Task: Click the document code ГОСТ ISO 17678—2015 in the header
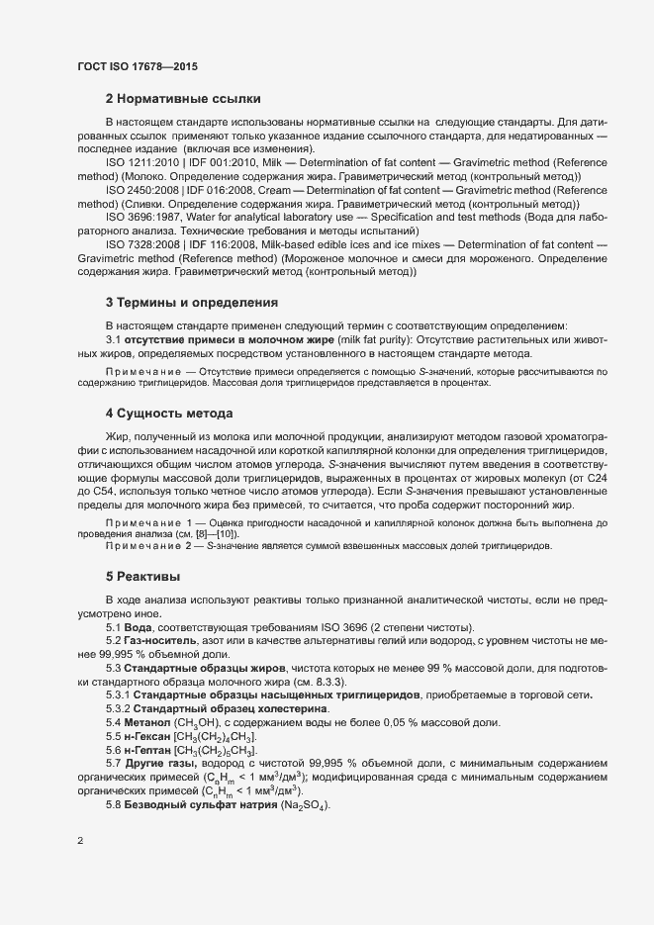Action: pyautogui.click(x=138, y=66)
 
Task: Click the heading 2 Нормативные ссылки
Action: pyautogui.click(x=183, y=99)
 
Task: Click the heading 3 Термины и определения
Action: pyautogui.click(x=192, y=302)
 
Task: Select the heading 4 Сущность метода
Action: pyautogui.click(x=169, y=413)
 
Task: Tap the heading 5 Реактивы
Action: pyautogui.click(x=142, y=576)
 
